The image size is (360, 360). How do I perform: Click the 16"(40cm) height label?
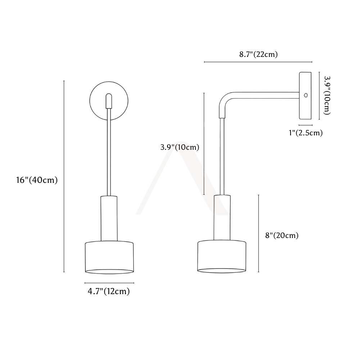(x=37, y=180)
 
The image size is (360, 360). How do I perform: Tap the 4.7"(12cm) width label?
(x=109, y=291)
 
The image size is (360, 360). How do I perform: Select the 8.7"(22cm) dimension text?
(x=258, y=54)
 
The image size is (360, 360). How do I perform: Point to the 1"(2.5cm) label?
(x=306, y=133)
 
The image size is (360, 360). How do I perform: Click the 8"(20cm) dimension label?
(x=282, y=235)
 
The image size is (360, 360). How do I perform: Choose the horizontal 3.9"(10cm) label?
(x=180, y=147)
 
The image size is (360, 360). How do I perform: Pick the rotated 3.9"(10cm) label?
(x=327, y=95)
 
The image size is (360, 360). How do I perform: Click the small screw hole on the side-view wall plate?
(x=306, y=95)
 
